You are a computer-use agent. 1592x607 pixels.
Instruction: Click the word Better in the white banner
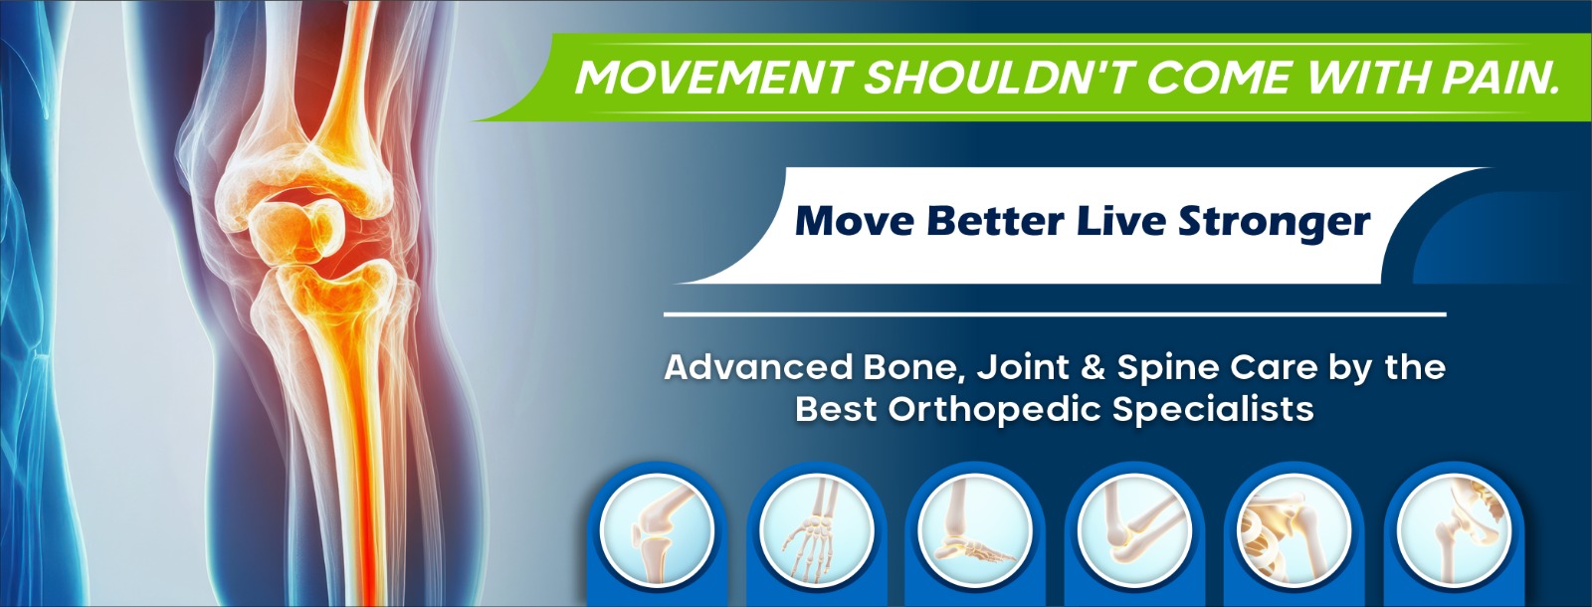pyautogui.click(x=996, y=221)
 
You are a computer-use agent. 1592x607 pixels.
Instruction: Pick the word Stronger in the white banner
pyautogui.click(x=1275, y=224)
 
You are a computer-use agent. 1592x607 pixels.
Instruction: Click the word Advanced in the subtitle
pyautogui.click(x=758, y=367)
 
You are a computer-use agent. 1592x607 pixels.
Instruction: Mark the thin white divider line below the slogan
pyautogui.click(x=1055, y=314)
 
